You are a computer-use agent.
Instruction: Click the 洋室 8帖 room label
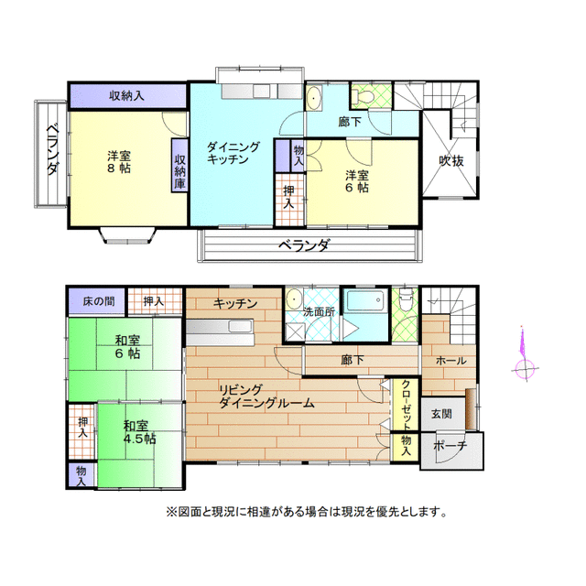point(117,162)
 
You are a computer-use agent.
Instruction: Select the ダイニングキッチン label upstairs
point(233,152)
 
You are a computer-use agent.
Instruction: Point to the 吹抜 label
point(450,161)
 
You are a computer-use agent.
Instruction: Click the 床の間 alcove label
point(97,300)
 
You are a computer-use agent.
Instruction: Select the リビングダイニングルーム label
point(266,396)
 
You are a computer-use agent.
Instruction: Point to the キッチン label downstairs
point(235,303)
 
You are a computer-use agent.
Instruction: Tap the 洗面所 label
point(319,311)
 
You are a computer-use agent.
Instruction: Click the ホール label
point(450,360)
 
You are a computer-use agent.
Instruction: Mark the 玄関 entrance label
point(441,413)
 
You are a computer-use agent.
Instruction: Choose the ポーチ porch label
point(451,445)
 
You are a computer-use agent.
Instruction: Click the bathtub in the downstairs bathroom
point(366,305)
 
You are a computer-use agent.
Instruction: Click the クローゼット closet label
point(406,404)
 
